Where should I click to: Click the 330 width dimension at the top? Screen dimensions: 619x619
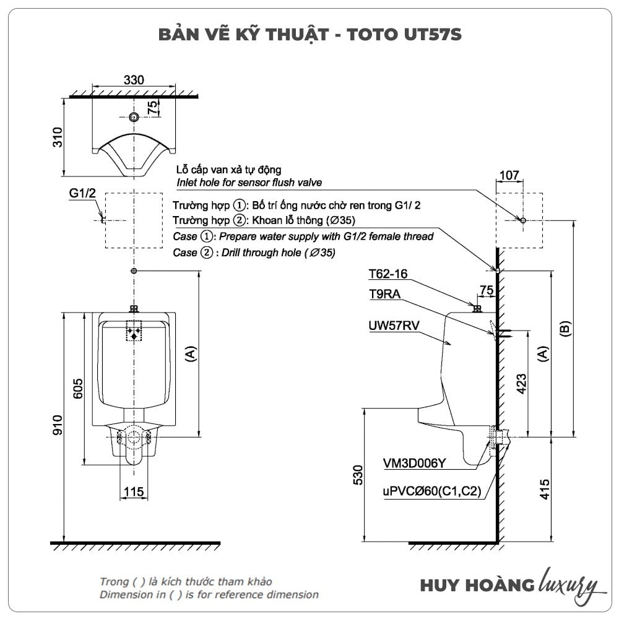coord(134,80)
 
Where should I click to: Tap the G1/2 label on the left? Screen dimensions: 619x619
coord(82,194)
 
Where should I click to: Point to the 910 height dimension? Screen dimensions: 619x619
coord(57,426)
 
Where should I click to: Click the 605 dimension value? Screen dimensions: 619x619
coord(79,389)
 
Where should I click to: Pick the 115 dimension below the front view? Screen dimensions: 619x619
coord(134,491)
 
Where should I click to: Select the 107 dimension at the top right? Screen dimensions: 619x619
coord(509,176)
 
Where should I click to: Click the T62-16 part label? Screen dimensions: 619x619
coord(388,274)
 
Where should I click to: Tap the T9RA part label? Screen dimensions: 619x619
coord(384,295)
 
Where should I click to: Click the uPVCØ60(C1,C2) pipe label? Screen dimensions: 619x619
coord(432,493)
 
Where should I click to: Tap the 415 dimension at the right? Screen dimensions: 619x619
coord(546,489)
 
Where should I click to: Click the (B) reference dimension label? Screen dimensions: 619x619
coord(565,329)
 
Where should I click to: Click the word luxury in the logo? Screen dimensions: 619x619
coord(569,585)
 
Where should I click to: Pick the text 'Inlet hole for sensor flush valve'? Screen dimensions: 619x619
coord(249,183)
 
